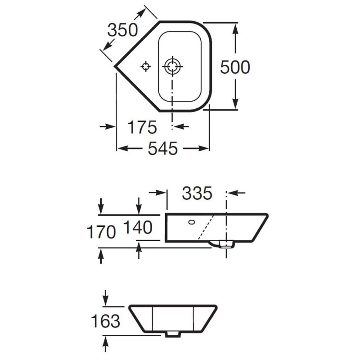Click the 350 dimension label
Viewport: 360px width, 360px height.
pyautogui.click(x=122, y=30)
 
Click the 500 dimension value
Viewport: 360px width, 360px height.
pyautogui.click(x=234, y=67)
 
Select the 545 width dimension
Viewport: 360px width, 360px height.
pyautogui.click(x=162, y=148)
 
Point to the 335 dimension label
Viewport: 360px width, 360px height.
pyautogui.click(x=197, y=193)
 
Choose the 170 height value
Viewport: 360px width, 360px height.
pyautogui.click(x=101, y=232)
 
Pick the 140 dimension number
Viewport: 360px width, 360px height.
pyautogui.click(x=138, y=227)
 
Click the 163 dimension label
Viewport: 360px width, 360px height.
pyautogui.click(x=106, y=321)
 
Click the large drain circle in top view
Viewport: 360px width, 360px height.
pyautogui.click(x=172, y=67)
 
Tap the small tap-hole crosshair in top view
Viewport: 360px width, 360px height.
pyautogui.click(x=145, y=67)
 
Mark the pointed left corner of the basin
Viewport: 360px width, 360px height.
pyautogui.click(x=115, y=66)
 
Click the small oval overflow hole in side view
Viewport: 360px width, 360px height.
pyautogui.click(x=192, y=222)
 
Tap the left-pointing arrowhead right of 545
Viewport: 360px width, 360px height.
pyautogui.click(x=204, y=148)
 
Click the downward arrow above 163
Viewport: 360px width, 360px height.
pyautogui.click(x=105, y=297)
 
